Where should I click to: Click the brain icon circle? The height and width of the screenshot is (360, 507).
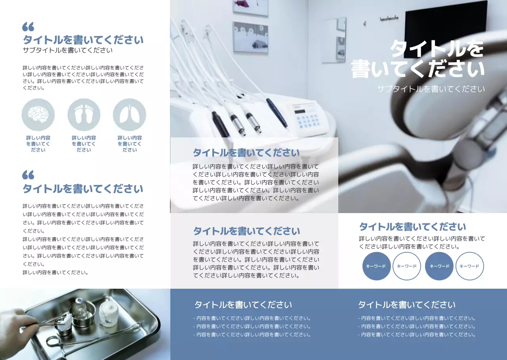pyautogui.click(x=38, y=115)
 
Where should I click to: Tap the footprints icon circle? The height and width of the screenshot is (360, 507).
pyautogui.click(x=84, y=115)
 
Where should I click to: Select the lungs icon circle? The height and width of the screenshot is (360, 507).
pyautogui.click(x=130, y=115)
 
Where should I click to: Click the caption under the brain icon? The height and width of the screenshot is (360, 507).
pyautogui.click(x=38, y=144)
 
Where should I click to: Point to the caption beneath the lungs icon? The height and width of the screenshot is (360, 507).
pyautogui.click(x=130, y=144)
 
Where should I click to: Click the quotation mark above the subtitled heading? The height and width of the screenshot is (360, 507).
pyautogui.click(x=28, y=27)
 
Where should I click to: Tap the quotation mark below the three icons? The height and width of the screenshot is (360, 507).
pyautogui.click(x=28, y=175)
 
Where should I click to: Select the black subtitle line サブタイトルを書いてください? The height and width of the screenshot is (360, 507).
pyautogui.click(x=68, y=50)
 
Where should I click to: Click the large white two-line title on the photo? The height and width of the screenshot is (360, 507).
pyautogui.click(x=418, y=59)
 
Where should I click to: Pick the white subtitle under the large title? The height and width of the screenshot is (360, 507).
pyautogui.click(x=431, y=89)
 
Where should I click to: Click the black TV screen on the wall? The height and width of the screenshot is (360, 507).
pyautogui.click(x=446, y=24)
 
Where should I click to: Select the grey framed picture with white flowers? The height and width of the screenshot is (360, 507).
pyautogui.click(x=250, y=37)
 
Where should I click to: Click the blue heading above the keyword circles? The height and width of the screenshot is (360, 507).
pyautogui.click(x=412, y=227)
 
